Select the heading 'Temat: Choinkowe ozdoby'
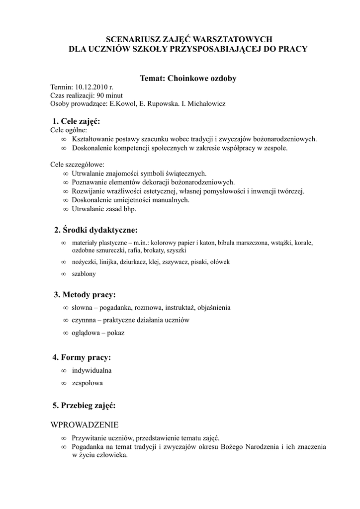tap(188, 78)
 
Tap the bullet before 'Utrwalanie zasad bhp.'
tap(66, 209)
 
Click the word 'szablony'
tap(84, 274)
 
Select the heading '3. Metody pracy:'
tap(85, 295)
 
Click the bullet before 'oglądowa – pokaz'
tap(66, 333)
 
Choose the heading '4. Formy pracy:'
tap(82, 357)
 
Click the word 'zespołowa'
tap(88, 383)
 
